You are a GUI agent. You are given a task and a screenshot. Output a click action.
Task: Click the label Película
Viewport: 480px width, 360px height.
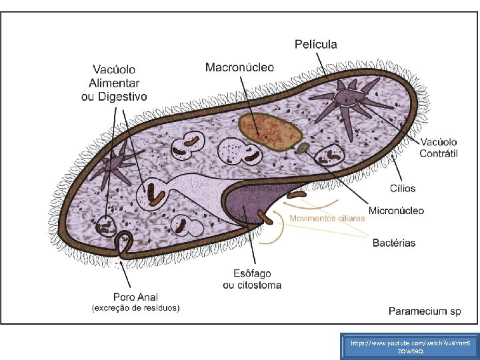click(316, 45)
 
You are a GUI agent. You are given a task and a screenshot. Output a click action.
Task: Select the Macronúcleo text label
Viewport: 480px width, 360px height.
click(239, 67)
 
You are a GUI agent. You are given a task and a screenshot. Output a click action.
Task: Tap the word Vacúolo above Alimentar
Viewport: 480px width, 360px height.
click(113, 69)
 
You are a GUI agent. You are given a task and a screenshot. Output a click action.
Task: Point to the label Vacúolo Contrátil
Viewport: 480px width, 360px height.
click(438, 147)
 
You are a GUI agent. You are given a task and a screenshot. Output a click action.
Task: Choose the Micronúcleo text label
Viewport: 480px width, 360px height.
click(396, 211)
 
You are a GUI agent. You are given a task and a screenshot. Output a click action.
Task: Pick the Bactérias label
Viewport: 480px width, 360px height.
click(393, 243)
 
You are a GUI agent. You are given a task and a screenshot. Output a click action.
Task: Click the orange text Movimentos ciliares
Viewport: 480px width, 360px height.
click(327, 219)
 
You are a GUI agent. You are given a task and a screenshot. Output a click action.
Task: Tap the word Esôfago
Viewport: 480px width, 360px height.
click(251, 273)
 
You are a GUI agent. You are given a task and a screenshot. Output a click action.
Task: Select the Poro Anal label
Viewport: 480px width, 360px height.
click(135, 297)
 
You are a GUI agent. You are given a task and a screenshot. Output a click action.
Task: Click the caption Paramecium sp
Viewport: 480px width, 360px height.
click(425, 311)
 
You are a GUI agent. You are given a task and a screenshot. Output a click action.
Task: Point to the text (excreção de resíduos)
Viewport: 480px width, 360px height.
click(135, 308)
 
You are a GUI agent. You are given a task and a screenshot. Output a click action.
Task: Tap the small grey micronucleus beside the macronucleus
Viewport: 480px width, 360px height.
click(303, 147)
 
